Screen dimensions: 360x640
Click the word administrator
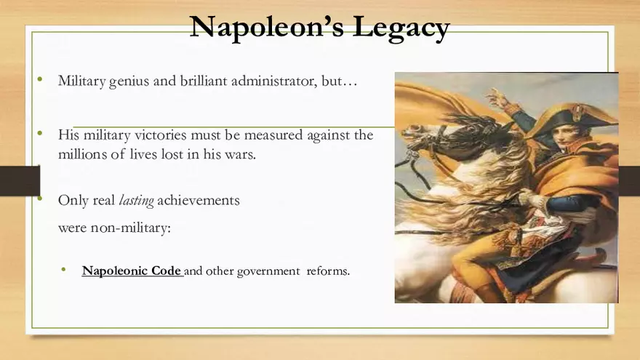click(274, 81)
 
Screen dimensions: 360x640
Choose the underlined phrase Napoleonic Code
click(132, 271)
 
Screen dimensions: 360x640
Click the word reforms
click(328, 271)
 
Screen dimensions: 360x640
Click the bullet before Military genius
click(41, 79)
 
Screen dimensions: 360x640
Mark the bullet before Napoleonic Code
click(65, 270)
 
